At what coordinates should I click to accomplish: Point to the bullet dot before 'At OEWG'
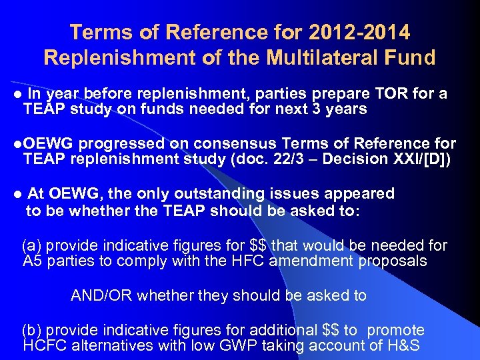pos(17,195)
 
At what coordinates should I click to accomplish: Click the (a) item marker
pos(32,245)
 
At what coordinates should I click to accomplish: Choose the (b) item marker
pos(32,330)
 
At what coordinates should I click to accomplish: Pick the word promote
pos(396,330)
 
